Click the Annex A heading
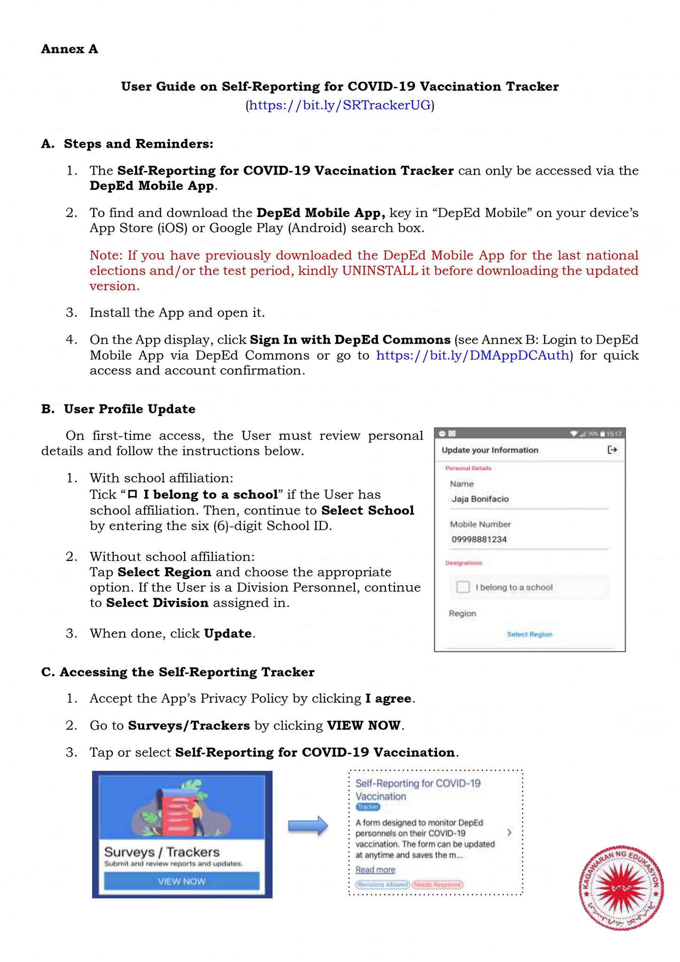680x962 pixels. click(x=70, y=49)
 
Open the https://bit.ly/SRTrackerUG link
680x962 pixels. click(x=339, y=105)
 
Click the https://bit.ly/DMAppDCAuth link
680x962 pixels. click(x=472, y=355)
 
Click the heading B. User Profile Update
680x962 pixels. click(x=118, y=409)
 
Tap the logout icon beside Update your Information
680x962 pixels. click(x=612, y=450)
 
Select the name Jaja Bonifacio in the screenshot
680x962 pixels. click(x=480, y=499)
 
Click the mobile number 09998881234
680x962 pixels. click(x=479, y=540)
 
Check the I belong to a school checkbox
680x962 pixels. click(x=463, y=587)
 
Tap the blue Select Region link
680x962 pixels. click(x=529, y=635)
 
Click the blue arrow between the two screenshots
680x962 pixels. click(x=308, y=826)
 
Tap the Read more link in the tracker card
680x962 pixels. click(x=375, y=870)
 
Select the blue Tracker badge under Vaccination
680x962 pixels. click(x=367, y=807)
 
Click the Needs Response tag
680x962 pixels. click(x=437, y=885)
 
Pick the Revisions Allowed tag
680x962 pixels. click(x=382, y=885)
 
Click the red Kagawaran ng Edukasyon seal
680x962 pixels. click(x=621, y=889)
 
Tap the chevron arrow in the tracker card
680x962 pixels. click(x=509, y=832)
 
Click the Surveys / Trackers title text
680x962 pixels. click(x=162, y=852)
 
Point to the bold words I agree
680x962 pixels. click(x=388, y=699)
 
